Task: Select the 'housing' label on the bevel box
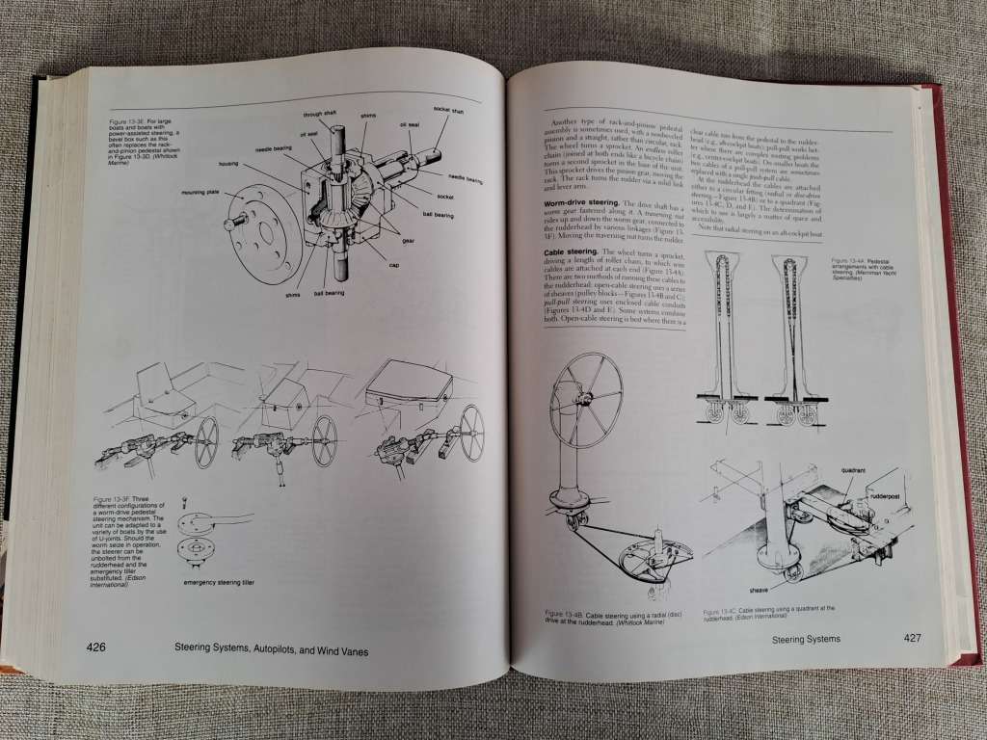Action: tap(227, 164)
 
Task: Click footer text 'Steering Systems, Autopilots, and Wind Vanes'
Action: tap(265, 650)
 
